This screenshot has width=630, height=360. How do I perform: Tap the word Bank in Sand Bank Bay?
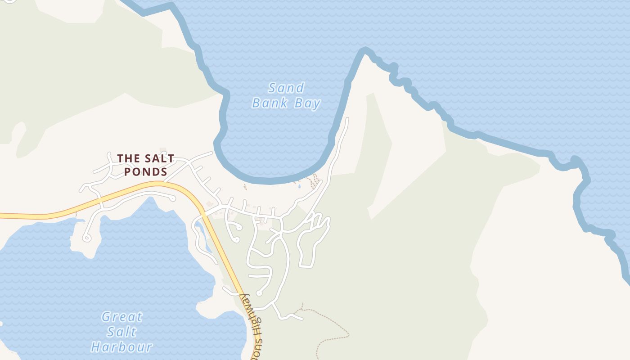tap(270, 103)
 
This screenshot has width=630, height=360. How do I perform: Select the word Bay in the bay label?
tap(307, 103)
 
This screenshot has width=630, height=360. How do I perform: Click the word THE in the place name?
tap(129, 158)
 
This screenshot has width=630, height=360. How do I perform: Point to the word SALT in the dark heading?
tap(159, 158)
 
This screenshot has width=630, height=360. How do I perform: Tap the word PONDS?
tap(146, 172)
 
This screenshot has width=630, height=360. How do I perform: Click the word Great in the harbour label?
tap(121, 317)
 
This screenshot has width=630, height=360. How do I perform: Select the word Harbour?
tap(121, 347)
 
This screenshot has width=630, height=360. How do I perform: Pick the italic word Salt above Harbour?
tap(121, 332)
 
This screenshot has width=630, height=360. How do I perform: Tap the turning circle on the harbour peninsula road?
tap(87, 237)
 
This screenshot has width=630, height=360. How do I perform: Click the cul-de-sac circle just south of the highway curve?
tap(173, 198)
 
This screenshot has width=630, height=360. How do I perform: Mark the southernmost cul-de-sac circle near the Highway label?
tap(259, 293)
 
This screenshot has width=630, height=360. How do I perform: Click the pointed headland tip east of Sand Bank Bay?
tap(365, 50)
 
